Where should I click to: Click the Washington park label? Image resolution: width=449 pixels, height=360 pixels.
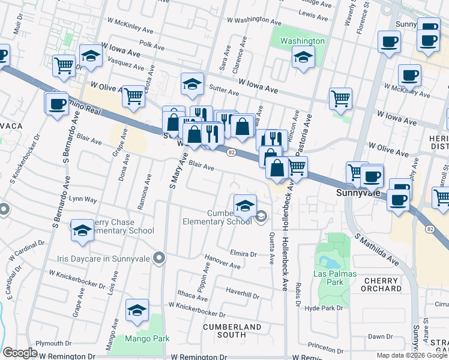coord(303,41)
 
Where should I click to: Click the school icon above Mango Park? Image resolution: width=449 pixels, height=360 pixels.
coord(137,311)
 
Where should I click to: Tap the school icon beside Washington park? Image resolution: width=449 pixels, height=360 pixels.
coord(304,58)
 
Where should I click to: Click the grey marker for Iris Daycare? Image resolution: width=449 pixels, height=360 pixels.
coord(158,258)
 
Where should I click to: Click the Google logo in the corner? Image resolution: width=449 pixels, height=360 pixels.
coord(20,353)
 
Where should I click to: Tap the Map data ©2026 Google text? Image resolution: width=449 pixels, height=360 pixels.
coord(412,355)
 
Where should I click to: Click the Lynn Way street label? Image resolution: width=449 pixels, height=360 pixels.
coord(83,199)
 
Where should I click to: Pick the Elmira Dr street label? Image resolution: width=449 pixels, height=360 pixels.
coord(243,254)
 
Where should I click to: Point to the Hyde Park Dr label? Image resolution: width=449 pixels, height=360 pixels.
coord(323,308)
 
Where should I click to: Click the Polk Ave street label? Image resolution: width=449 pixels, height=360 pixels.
coord(151,45)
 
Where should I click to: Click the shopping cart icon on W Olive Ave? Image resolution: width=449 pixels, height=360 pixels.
coord(133,95)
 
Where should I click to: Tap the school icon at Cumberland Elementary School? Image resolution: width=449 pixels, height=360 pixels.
coord(244,206)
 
